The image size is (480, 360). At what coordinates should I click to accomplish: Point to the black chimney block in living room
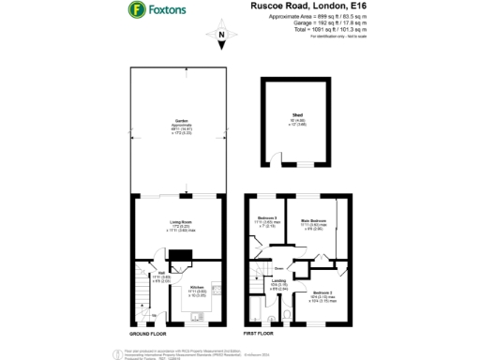tap(184, 255)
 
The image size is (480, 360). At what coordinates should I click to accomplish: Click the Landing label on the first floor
tap(278, 282)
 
